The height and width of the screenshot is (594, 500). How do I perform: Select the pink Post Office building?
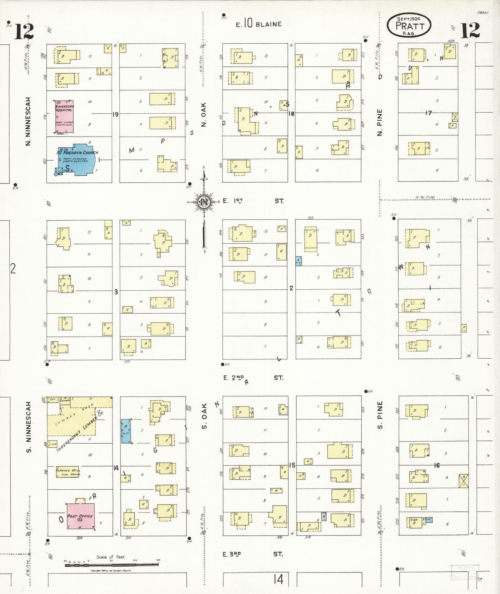tap(81, 516)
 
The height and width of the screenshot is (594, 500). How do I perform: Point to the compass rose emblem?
tap(204, 202)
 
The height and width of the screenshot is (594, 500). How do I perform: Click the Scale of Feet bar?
tap(111, 565)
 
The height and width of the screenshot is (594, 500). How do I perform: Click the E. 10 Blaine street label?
tap(258, 24)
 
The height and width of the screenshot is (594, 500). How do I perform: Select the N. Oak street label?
tap(203, 114)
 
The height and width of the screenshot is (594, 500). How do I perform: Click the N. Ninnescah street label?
tap(28, 121)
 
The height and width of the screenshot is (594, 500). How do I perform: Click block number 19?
tap(115, 114)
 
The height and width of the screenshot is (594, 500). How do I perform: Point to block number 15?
tap(292, 465)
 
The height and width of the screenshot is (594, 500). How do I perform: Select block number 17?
tap(429, 113)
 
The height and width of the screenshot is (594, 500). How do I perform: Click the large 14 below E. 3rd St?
tap(279, 579)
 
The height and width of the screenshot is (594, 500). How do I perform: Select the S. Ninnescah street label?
tap(28, 427)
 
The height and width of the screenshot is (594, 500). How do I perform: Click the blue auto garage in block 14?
tap(125, 431)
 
